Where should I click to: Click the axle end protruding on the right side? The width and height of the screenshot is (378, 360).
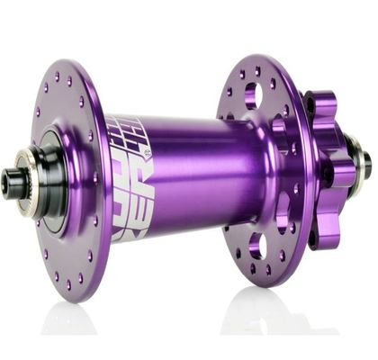click(x=363, y=165)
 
